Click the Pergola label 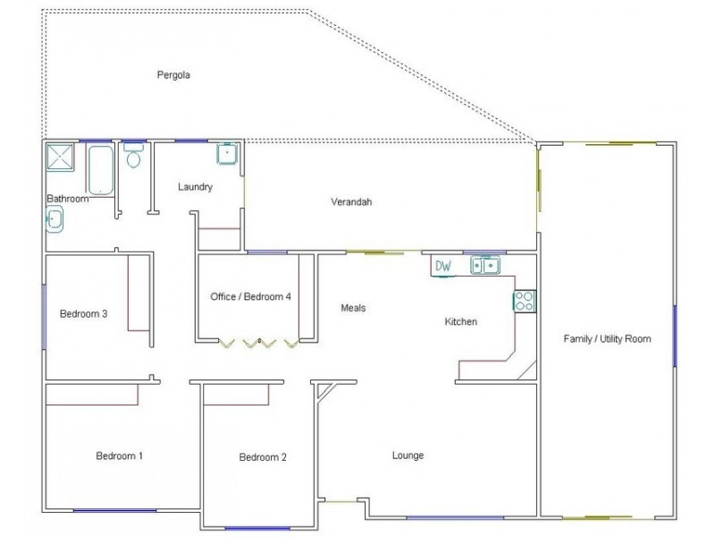[173, 75]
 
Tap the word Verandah [349, 202]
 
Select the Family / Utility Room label [607, 338]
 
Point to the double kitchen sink [485, 265]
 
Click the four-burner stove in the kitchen [525, 300]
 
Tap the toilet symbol [134, 158]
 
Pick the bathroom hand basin [55, 217]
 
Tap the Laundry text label [195, 187]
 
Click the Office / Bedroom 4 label [251, 296]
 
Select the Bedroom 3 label [84, 313]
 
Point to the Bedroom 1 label [120, 456]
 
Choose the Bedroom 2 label [263, 457]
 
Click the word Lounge [408, 456]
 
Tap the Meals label [354, 308]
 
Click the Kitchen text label [461, 320]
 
